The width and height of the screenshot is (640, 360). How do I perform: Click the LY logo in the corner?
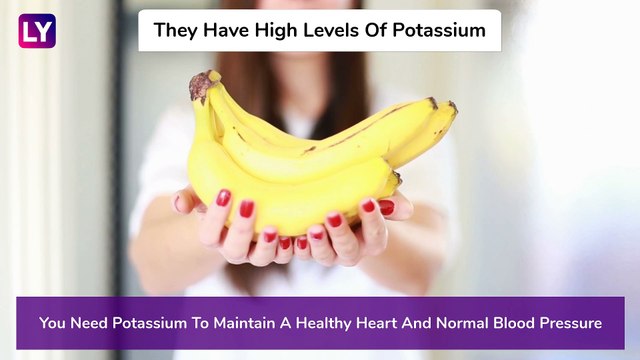[x=37, y=31]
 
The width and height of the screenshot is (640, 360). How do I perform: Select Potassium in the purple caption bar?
[x=163, y=323]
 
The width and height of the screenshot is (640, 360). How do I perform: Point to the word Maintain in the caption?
[x=264, y=323]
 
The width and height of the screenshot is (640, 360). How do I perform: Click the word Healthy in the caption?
[x=353, y=323]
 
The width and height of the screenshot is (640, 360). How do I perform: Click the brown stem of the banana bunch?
[x=200, y=86]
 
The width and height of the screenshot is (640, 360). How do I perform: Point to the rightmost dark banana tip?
[x=452, y=106]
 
